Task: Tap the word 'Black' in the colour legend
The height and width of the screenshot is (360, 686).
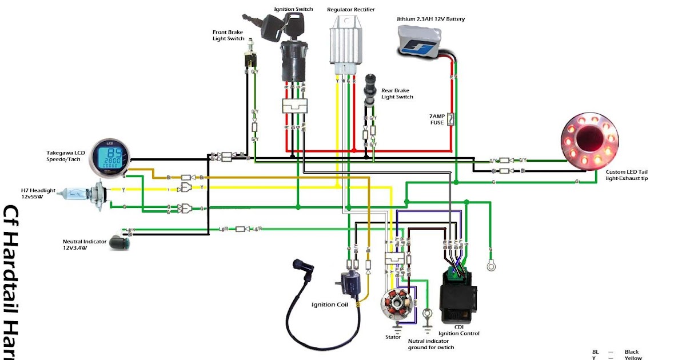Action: [632, 352]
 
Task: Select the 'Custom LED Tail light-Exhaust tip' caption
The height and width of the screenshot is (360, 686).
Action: [627, 175]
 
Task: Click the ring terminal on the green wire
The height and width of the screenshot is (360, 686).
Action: [490, 265]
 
